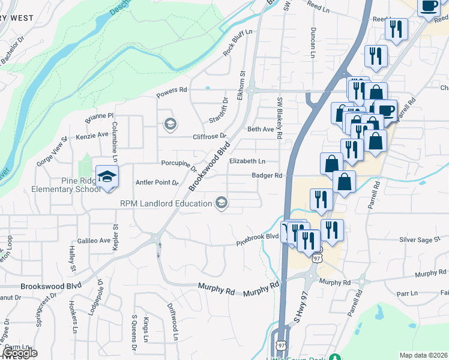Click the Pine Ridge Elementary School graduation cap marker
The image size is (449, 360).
click(107, 176)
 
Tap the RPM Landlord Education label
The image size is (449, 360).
click(166, 203)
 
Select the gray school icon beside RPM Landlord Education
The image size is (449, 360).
click(222, 203)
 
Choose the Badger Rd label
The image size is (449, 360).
click(267, 176)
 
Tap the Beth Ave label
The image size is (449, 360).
click(260, 129)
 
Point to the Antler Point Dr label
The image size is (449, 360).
click(158, 182)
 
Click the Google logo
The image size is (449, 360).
click(20, 353)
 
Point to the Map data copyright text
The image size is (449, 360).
click(424, 355)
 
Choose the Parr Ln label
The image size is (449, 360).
click(406, 294)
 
